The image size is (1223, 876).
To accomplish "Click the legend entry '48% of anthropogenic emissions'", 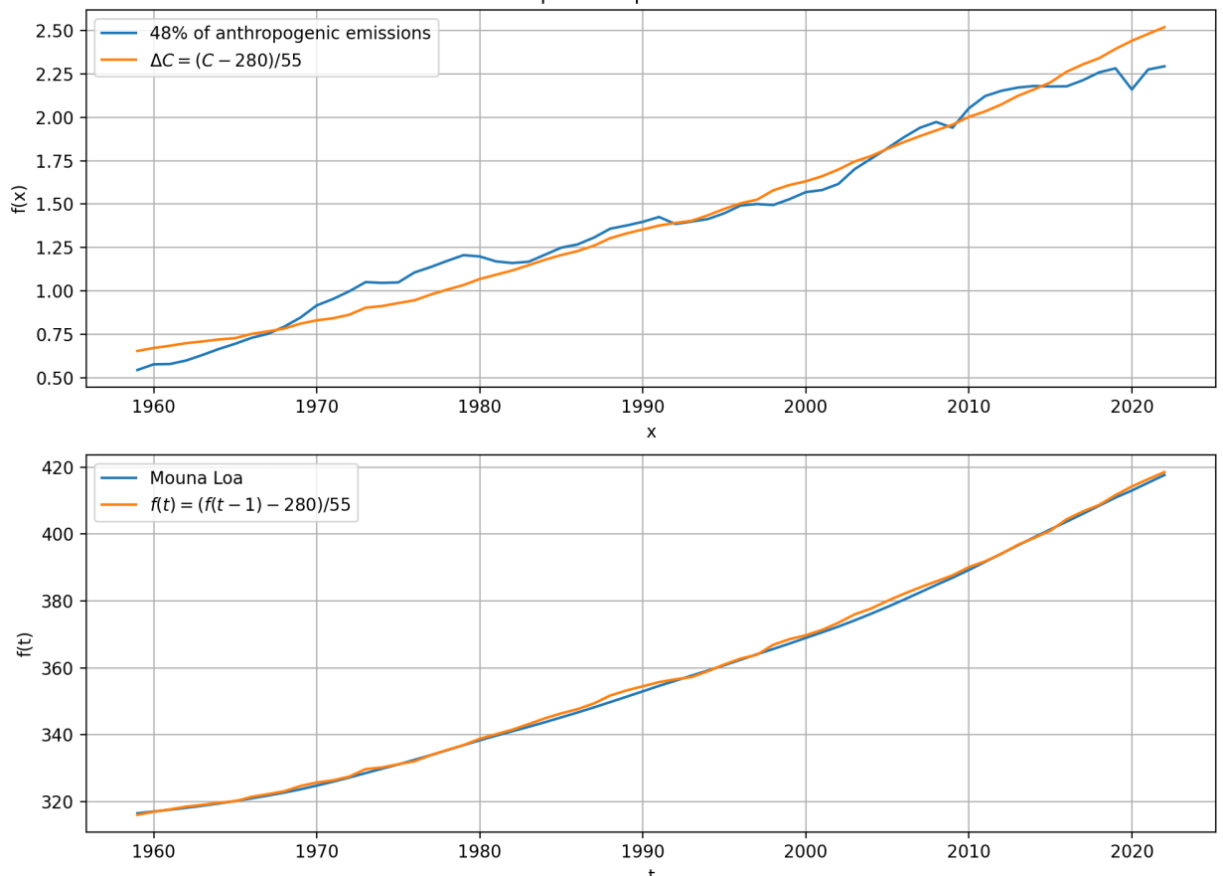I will [x=282, y=33].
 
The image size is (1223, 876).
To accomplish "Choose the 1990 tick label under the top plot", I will [x=642, y=407].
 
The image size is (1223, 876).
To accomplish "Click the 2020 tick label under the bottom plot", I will [x=1132, y=852].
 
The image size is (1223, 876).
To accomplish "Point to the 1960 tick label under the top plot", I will [x=153, y=407].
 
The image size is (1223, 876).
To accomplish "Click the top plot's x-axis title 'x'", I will [x=651, y=432].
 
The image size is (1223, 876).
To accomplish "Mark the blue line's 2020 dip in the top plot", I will [x=1132, y=89].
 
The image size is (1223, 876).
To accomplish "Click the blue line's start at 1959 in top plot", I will [x=137, y=370].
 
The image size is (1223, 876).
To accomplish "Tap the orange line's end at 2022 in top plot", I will [x=1164, y=27].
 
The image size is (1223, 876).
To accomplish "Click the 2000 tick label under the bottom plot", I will [x=805, y=852].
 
